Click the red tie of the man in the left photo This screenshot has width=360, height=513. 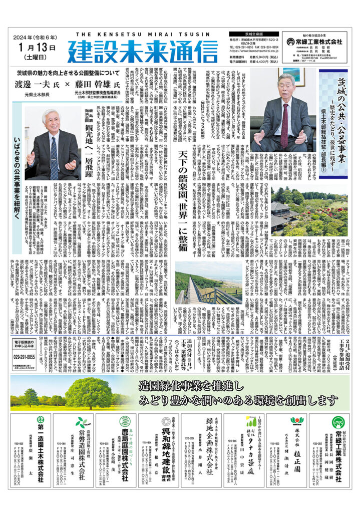tap(54, 157)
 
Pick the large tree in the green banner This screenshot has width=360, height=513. tap(88, 391)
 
